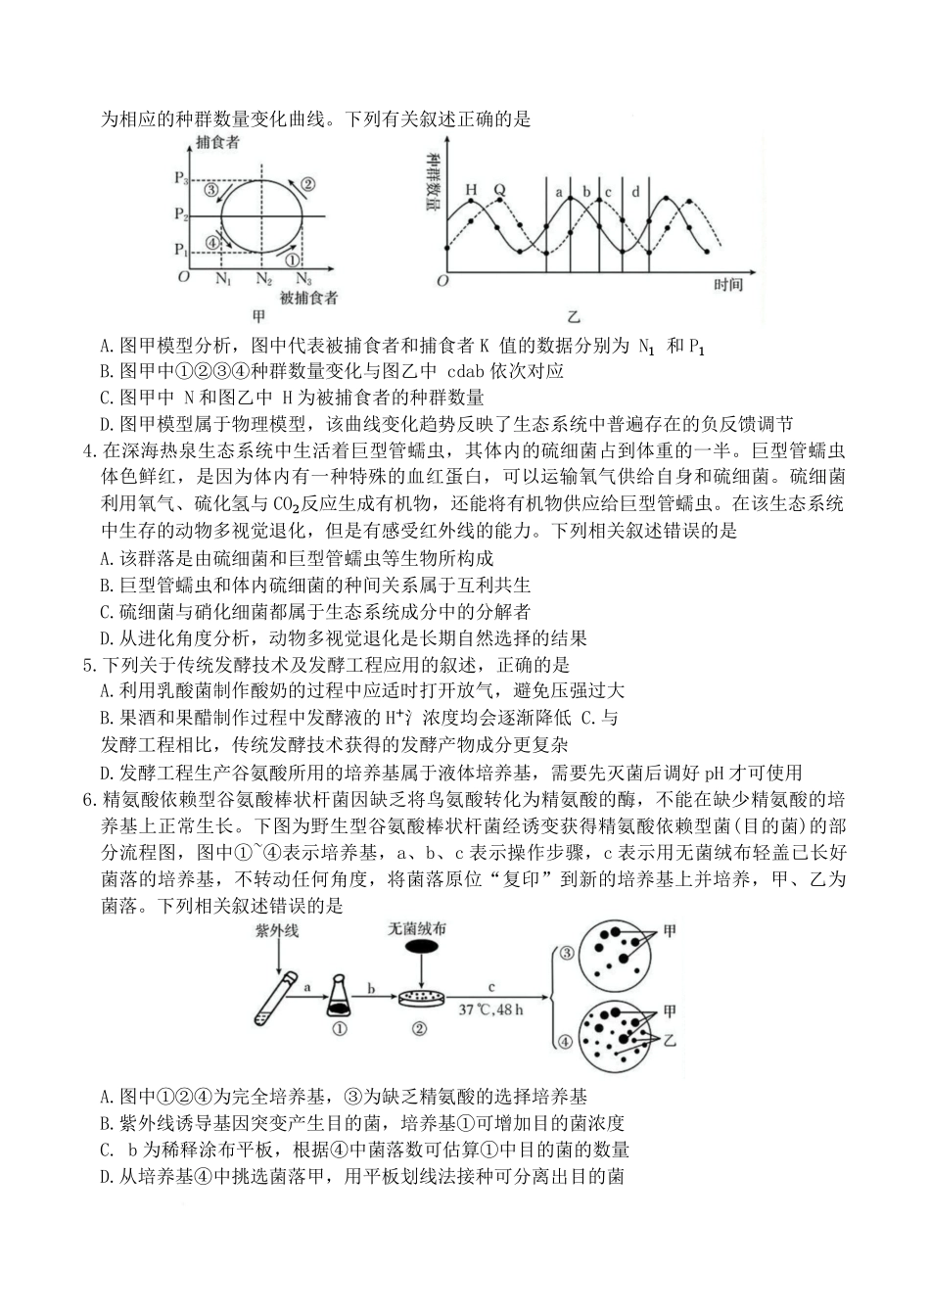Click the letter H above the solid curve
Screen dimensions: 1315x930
point(471,190)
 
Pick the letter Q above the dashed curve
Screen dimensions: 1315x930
point(499,190)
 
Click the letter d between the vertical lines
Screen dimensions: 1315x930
point(635,192)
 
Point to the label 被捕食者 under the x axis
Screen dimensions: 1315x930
point(308,298)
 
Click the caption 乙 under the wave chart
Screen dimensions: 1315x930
point(573,316)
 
